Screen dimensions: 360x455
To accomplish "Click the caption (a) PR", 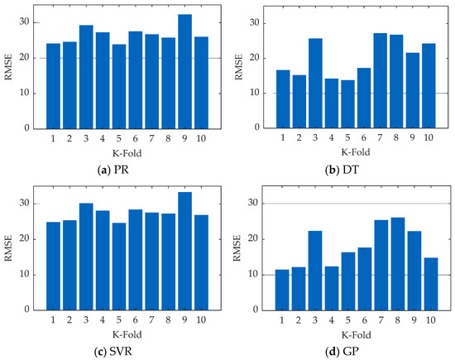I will point(120,170).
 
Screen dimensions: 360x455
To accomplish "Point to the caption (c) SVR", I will point(120,352).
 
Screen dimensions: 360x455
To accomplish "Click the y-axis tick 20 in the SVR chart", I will point(29,238).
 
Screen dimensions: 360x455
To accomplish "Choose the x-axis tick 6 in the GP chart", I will point(341,319).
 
